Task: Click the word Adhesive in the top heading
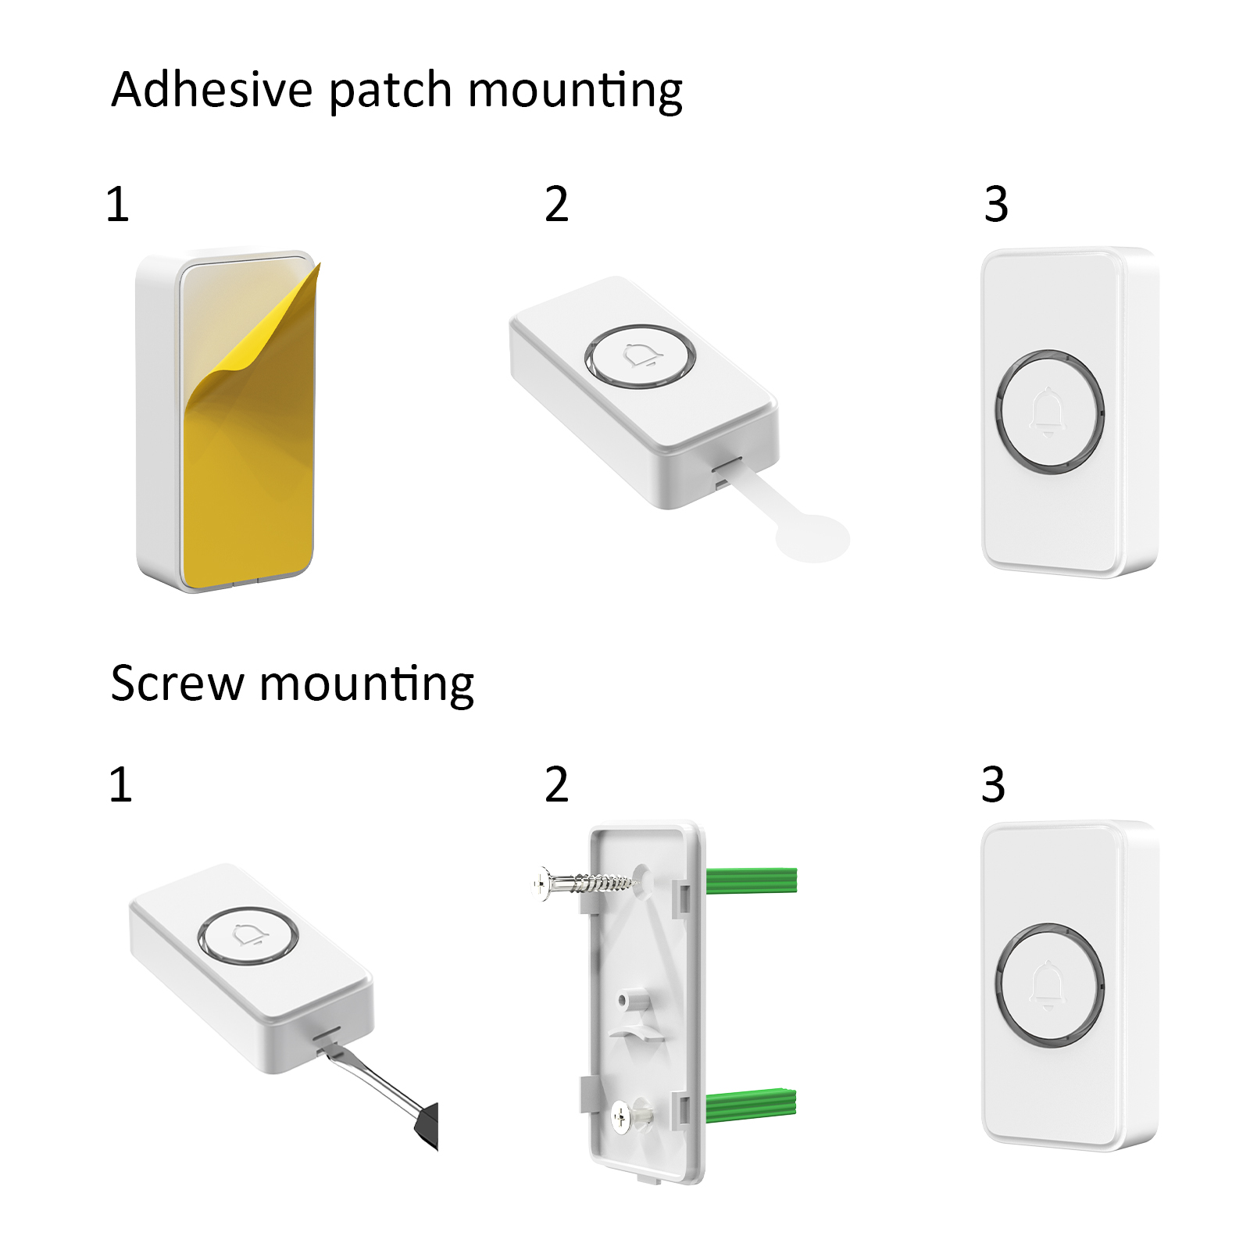point(212,89)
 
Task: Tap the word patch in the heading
point(391,92)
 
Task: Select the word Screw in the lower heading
point(177,684)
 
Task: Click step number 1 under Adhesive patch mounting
point(117,204)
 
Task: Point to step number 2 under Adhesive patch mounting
point(556,204)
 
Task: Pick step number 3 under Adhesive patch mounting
point(996,204)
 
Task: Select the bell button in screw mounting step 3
point(1049,982)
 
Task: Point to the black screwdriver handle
point(427,1126)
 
